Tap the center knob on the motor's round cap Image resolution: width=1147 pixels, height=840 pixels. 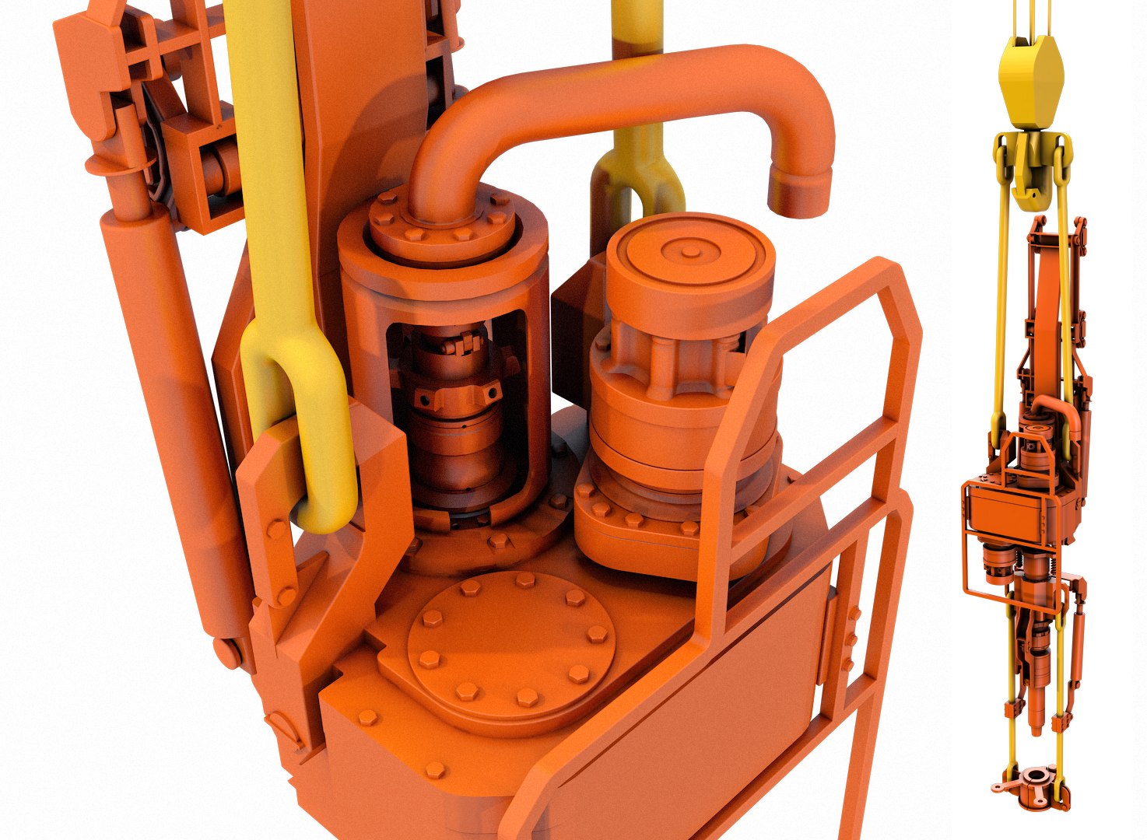[689, 251]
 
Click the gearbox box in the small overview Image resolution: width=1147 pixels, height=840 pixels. [1012, 513]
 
